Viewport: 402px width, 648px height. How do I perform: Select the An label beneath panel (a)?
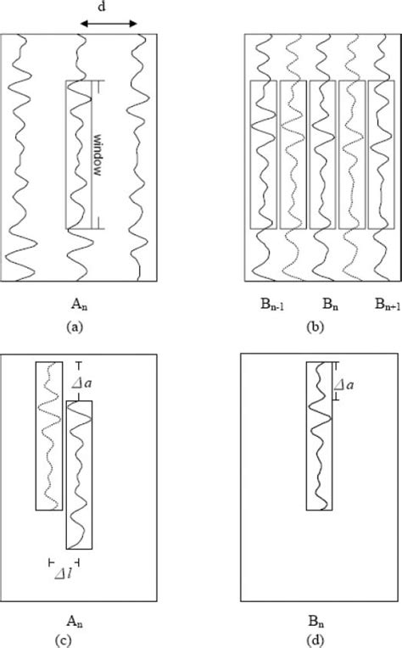(79, 300)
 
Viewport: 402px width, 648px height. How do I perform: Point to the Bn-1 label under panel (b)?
(272, 301)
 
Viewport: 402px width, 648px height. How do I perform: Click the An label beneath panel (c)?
(79, 618)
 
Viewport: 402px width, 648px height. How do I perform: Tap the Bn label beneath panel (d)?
(322, 618)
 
